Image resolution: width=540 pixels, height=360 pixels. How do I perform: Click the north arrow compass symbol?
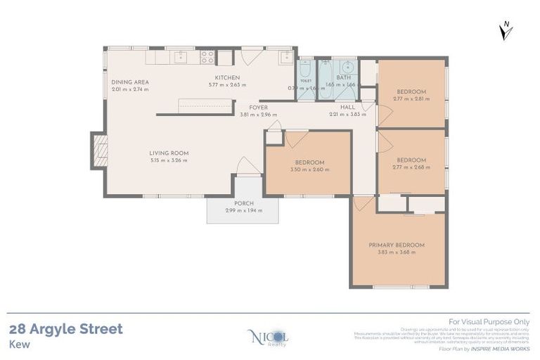505,30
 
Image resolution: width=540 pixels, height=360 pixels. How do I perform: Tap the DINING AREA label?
130,82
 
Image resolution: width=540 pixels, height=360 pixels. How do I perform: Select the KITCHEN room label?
228,77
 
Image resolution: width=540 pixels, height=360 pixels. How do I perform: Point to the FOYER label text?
258,108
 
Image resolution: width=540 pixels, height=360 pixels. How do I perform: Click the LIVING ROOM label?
169,153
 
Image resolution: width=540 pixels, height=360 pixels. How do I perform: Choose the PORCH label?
243,203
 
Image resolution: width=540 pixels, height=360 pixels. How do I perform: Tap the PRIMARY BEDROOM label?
397,245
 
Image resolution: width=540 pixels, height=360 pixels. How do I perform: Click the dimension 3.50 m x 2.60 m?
307,169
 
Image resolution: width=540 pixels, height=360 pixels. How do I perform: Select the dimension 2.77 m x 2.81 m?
411,99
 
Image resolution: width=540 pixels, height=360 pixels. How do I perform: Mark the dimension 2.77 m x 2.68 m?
411,167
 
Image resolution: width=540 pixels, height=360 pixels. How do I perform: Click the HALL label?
348,108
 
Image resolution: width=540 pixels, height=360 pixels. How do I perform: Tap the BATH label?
344,77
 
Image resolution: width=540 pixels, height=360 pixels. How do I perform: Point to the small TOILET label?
306,81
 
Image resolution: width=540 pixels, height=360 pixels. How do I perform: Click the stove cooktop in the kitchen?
207,57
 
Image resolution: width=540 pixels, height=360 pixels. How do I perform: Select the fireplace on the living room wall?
100,150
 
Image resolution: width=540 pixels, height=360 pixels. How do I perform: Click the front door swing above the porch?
248,167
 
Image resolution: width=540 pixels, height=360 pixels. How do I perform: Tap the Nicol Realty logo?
269,337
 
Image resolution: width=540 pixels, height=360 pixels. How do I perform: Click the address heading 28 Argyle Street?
66,329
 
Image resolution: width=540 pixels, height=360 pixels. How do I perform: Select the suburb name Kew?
19,345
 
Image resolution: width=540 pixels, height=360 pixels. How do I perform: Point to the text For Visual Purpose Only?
484,321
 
